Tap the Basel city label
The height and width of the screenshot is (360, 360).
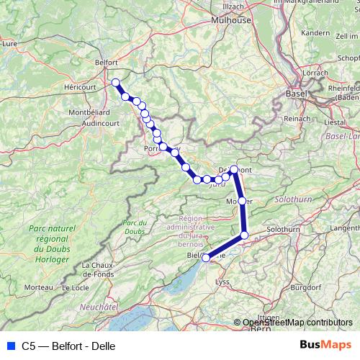(x=296, y=94)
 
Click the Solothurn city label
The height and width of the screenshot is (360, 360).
(x=282, y=229)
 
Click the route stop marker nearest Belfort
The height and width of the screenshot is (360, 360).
(x=115, y=82)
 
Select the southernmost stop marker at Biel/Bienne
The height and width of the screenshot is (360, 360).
(x=206, y=257)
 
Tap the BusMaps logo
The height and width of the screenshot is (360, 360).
(x=325, y=345)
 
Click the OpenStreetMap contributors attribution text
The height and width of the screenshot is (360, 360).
(x=297, y=323)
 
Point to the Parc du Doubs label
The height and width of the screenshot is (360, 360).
(x=135, y=228)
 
